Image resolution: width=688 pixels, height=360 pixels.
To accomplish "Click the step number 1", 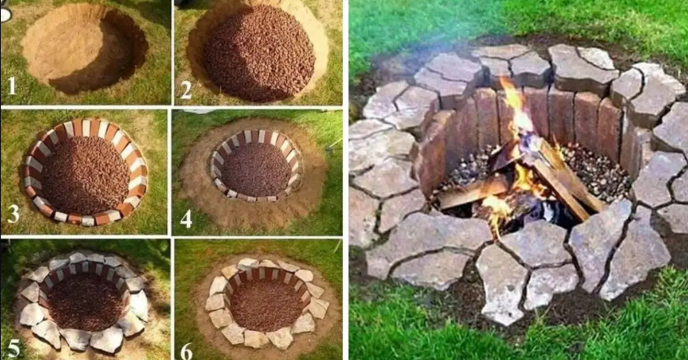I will [x=11, y=87].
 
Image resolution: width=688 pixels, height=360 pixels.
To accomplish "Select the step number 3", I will [x=13, y=213].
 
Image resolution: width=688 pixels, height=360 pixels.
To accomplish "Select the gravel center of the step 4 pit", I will [x=256, y=169].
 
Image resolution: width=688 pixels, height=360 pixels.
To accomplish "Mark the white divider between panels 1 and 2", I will [x=173, y=52].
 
